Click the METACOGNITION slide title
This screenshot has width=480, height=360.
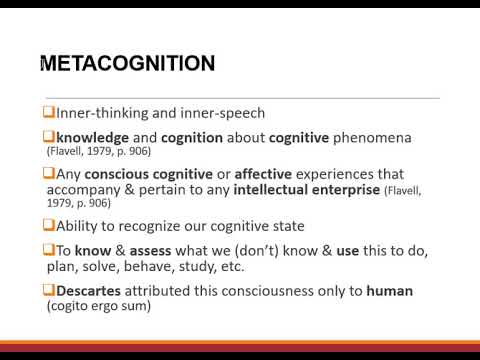[x=127, y=64]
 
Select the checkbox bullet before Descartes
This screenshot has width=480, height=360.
[x=47, y=290]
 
